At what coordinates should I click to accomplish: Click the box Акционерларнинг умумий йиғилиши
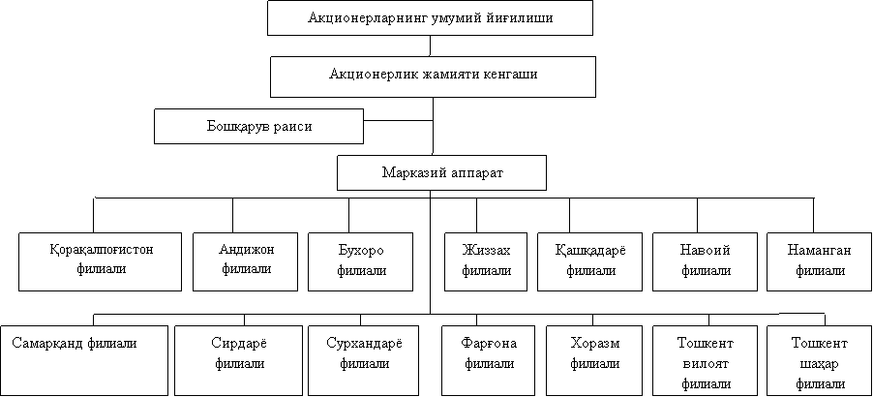431,18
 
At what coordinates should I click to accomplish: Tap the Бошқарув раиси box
258,127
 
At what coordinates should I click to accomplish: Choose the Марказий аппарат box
442,172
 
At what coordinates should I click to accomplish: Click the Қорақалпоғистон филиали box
101,261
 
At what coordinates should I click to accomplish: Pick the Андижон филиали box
246,261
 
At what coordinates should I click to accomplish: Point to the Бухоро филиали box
361,261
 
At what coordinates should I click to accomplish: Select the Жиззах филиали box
486,261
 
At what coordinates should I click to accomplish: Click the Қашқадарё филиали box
590,261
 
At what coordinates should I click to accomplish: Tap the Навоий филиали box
706,261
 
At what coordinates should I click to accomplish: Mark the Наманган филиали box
820,261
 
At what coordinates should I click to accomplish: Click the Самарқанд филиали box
83,360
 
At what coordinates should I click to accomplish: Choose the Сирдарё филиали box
238,360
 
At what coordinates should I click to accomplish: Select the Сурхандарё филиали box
364,360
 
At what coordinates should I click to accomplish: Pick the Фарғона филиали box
490,360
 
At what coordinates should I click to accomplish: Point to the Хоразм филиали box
594,360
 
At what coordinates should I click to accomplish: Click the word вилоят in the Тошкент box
706,364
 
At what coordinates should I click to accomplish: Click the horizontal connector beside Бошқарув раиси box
399,120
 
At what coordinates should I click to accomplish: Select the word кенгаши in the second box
510,75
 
